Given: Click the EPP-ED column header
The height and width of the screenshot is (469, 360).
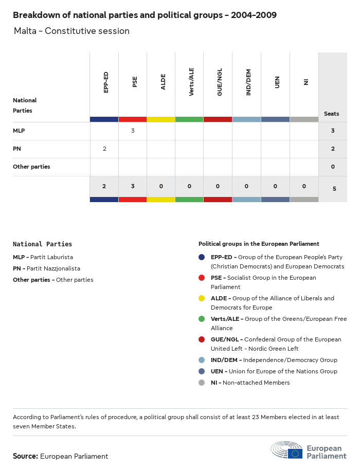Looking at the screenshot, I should tap(106, 82).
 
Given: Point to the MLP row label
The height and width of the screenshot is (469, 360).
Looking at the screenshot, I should tap(19, 131).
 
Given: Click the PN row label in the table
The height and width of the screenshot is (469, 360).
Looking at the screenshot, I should tap(17, 149).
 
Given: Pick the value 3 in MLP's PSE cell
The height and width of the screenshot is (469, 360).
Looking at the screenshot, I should tap(133, 131).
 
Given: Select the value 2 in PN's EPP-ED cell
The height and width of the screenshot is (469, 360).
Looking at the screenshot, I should tap(104, 149).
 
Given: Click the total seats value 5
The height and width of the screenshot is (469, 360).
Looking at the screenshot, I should tap(334, 189).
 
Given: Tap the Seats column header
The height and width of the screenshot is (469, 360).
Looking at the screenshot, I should tap(332, 114).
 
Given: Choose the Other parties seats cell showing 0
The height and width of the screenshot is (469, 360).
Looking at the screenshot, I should tap(333, 167).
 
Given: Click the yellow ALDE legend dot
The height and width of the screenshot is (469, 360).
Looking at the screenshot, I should tap(202, 298).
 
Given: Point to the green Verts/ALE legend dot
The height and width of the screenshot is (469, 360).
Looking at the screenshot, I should tap(202, 319).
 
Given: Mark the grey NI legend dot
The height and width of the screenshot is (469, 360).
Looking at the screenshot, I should tap(202, 383).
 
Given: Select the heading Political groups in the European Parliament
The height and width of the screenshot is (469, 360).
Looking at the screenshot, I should tap(259, 244).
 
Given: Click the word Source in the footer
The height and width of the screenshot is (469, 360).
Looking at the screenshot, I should tap(25, 456).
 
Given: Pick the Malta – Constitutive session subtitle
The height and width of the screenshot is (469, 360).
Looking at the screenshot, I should tap(72, 31).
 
